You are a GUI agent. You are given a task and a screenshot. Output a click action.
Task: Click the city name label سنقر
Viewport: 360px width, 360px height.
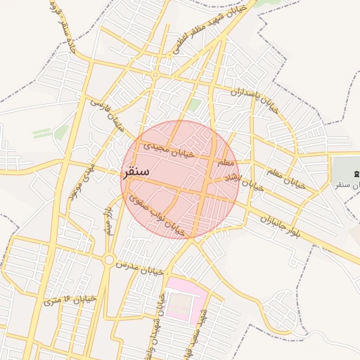pyautogui.click(x=136, y=172)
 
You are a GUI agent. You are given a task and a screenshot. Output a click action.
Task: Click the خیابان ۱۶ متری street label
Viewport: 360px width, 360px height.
pyautogui.click(x=70, y=300)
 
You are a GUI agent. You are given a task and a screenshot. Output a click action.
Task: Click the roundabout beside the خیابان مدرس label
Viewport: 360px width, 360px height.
pyautogui.click(x=108, y=260)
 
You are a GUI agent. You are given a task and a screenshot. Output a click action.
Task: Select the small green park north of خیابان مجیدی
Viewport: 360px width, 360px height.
pyautogui.click(x=194, y=105)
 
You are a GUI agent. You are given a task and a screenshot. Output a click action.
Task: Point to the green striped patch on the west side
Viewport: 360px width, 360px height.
pyautogui.click(x=42, y=133)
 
